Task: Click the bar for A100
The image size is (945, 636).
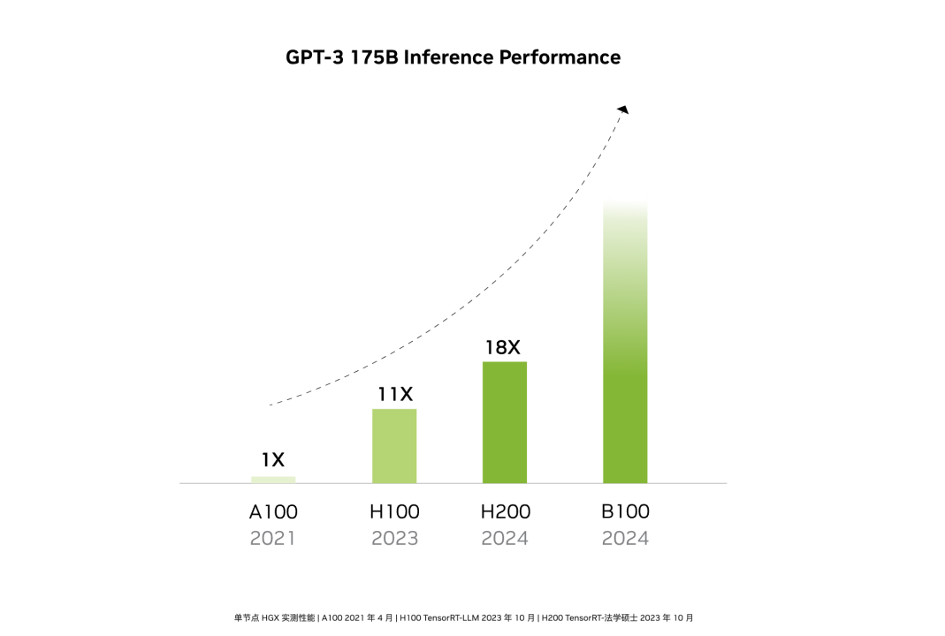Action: (x=273, y=480)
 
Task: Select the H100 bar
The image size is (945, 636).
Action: (x=394, y=446)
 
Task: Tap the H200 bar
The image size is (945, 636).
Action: (x=505, y=422)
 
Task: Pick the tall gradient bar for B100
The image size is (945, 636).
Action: (x=625, y=353)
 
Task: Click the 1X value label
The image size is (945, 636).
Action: (x=272, y=459)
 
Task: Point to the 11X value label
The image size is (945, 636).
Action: (x=395, y=394)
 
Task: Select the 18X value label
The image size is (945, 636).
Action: (x=503, y=347)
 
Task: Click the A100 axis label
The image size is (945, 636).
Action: (x=273, y=511)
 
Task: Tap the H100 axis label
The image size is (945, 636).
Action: (x=394, y=511)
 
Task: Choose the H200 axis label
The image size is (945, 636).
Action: (x=505, y=511)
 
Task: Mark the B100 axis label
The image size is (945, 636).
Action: (x=625, y=511)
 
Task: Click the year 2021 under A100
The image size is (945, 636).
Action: (x=273, y=538)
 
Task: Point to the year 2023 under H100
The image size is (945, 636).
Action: (x=394, y=538)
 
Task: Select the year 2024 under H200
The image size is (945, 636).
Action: (x=505, y=538)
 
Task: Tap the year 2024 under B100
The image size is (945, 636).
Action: (x=625, y=538)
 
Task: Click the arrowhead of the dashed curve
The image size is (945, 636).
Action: (x=623, y=109)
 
